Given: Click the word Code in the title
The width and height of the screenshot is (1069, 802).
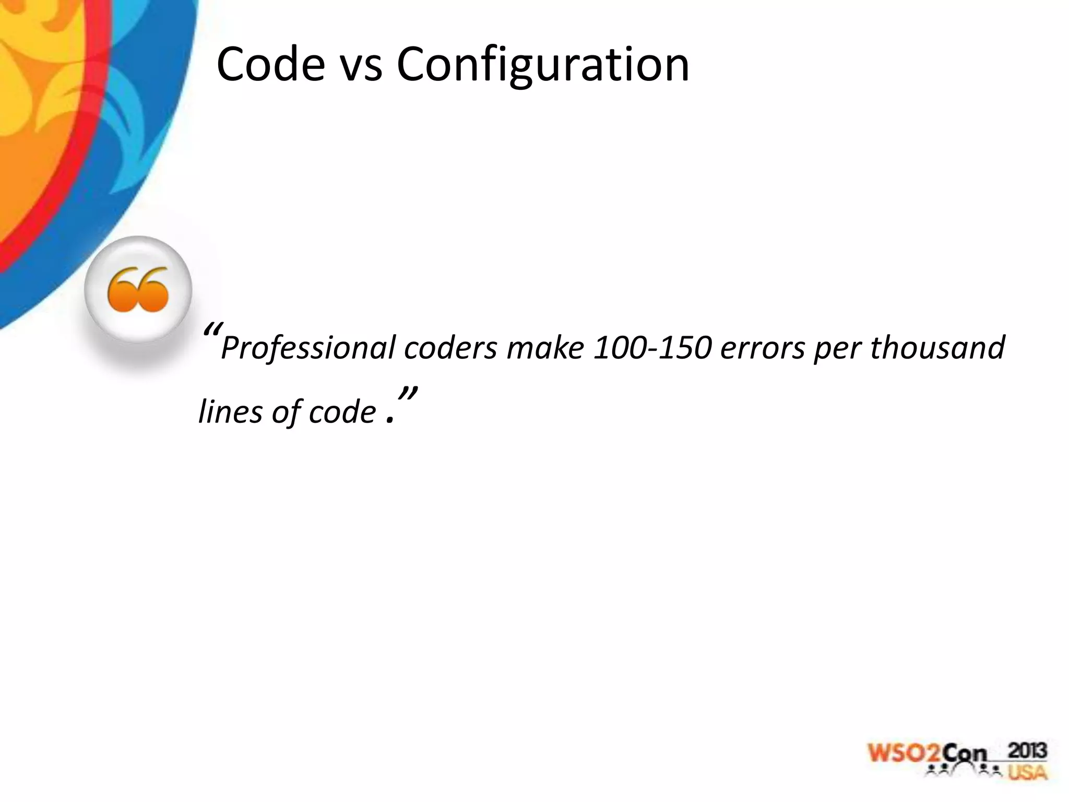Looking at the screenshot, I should [270, 64].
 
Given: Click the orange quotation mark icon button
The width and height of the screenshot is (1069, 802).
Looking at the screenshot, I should [138, 290].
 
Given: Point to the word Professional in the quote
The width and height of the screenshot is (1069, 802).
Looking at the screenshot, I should [308, 348].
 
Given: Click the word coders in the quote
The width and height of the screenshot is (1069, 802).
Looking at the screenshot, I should [450, 348].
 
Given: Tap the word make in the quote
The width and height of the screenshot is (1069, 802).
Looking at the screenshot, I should [545, 347].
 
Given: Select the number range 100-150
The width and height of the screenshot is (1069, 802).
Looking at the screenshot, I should [653, 347].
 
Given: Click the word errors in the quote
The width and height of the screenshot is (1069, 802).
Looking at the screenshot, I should [763, 348].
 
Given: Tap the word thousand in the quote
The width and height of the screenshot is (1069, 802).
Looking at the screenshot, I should [937, 347].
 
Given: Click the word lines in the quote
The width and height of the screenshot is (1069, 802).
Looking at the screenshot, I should [230, 412].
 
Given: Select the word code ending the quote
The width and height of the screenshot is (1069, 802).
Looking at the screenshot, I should [342, 412].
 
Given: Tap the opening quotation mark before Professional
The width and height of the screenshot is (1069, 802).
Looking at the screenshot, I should [213, 330].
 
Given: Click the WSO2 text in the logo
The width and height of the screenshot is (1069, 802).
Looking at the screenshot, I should [905, 753].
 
